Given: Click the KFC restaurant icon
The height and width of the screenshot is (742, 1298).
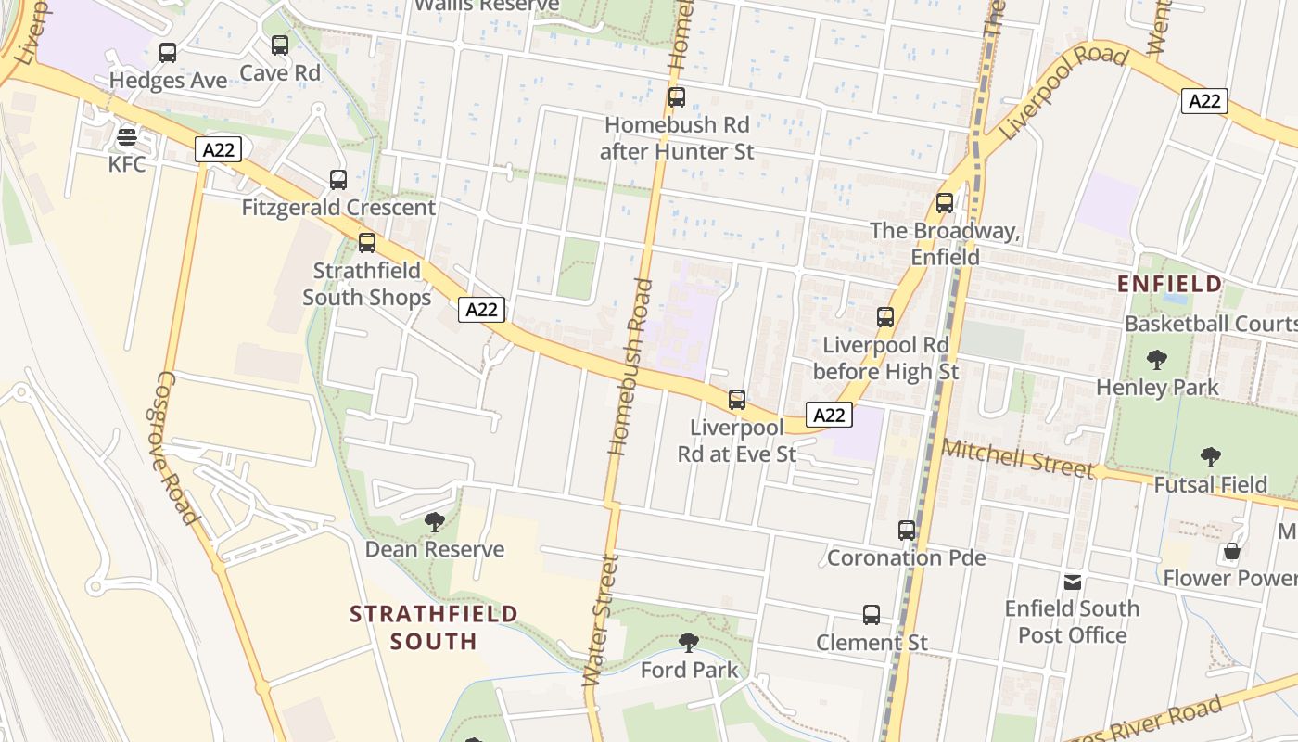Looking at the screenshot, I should [127, 138].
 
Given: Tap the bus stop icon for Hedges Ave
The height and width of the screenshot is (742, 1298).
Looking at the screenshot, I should [168, 53].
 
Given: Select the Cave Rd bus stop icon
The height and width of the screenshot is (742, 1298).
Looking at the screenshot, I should [280, 45].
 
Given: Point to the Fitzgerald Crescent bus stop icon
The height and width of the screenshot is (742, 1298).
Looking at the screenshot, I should [338, 180].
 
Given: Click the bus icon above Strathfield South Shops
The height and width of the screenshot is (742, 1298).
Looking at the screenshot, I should [367, 243].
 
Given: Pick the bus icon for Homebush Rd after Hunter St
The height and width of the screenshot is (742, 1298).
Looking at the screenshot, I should [677, 97].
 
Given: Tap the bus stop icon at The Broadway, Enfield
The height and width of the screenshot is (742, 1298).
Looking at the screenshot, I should [945, 203].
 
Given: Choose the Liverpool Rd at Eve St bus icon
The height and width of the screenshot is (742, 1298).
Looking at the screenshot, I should [737, 400].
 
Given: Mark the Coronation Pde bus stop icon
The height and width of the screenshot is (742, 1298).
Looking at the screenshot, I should [907, 531].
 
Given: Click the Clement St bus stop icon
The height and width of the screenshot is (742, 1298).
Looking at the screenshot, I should [872, 615].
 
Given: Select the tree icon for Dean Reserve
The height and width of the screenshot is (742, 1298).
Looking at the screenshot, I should [434, 522].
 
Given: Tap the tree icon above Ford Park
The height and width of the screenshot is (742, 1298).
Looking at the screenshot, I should [689, 643].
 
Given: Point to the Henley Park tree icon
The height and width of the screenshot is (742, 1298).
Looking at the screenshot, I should [1157, 360].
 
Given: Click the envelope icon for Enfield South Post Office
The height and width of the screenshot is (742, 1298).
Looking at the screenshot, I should [1073, 582].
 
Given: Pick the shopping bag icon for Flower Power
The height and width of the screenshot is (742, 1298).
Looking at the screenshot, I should [1231, 551].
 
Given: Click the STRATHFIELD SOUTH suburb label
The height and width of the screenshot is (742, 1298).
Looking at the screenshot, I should [434, 627].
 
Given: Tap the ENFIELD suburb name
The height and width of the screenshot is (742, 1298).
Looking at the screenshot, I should [1169, 284].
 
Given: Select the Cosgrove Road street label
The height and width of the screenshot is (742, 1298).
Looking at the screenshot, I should [176, 448].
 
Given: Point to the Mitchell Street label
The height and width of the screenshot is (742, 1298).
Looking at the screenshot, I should [1017, 458].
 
